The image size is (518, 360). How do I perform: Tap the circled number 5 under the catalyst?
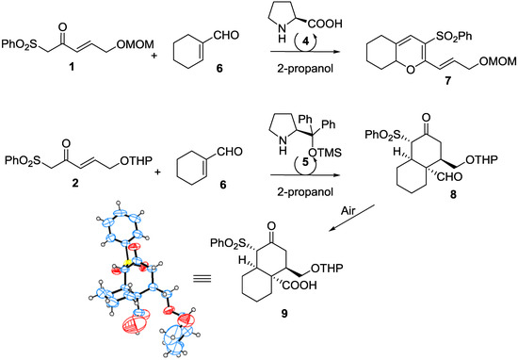click(289, 173)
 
